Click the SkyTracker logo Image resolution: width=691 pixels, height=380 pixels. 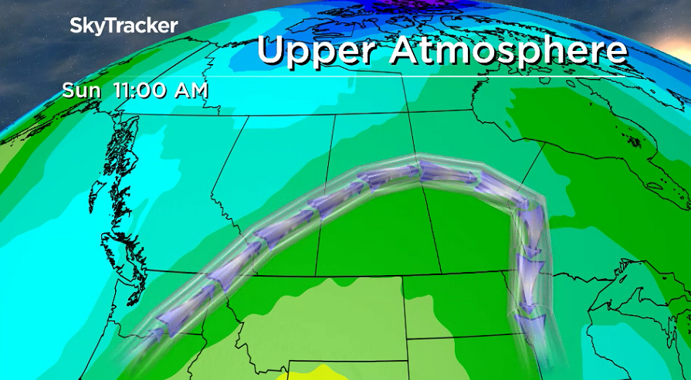tap(124, 26)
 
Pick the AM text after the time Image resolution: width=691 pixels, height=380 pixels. tap(190, 90)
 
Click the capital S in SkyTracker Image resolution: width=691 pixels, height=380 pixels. tap(76, 26)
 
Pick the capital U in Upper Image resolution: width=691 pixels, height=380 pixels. tap(272, 51)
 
